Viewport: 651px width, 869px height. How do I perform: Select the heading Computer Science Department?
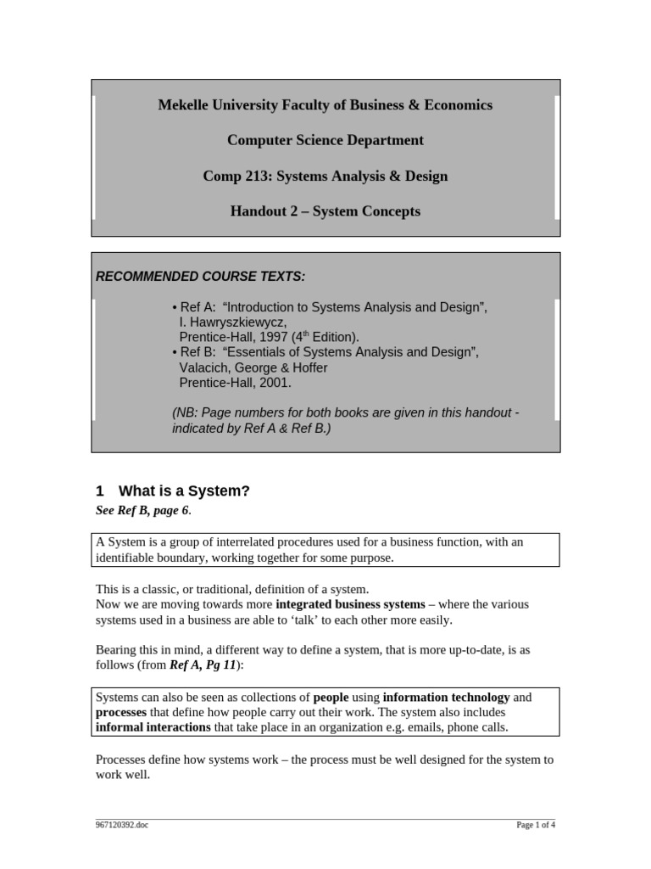pyautogui.click(x=325, y=140)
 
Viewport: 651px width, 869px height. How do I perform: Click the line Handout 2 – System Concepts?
pyautogui.click(x=325, y=211)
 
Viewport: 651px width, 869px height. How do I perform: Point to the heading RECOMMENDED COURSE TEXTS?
pyautogui.click(x=200, y=277)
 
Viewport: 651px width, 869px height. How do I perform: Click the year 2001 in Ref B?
pyautogui.click(x=277, y=383)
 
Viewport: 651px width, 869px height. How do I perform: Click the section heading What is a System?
pyautogui.click(x=184, y=491)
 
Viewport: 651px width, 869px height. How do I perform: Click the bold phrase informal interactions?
pyautogui.click(x=153, y=726)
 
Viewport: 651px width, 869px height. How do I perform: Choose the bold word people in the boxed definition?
pyautogui.click(x=331, y=697)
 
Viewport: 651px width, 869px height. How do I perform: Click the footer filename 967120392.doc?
pyautogui.click(x=121, y=825)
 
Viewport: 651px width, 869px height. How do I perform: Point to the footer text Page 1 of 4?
pyautogui.click(x=536, y=825)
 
